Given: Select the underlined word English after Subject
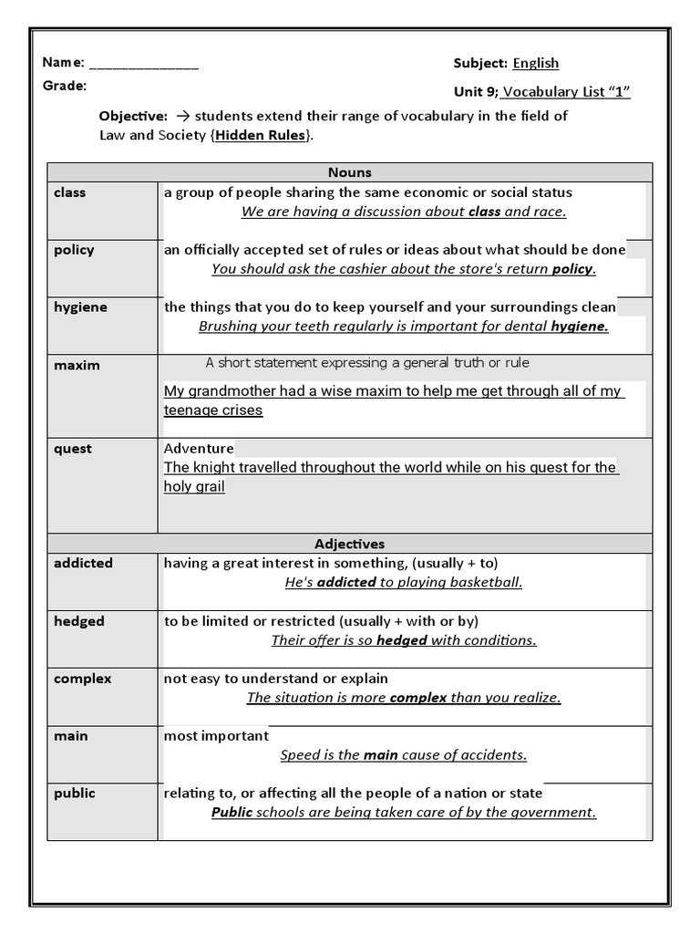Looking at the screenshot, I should click(536, 63).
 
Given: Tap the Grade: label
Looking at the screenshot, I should click(65, 86).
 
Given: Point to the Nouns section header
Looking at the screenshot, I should click(349, 171).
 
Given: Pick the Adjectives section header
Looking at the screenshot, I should click(349, 544).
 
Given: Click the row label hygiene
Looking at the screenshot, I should click(80, 307).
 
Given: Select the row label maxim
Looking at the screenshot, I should click(77, 365).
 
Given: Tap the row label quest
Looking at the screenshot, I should click(73, 449).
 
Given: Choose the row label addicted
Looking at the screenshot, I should click(83, 564).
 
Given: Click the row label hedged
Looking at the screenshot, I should click(79, 621).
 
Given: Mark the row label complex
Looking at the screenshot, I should click(82, 679).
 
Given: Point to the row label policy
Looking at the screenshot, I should click(74, 250).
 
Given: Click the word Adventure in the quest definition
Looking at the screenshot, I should click(199, 448).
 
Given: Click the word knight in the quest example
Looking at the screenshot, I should click(213, 467).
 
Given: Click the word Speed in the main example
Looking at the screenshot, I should click(299, 754).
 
